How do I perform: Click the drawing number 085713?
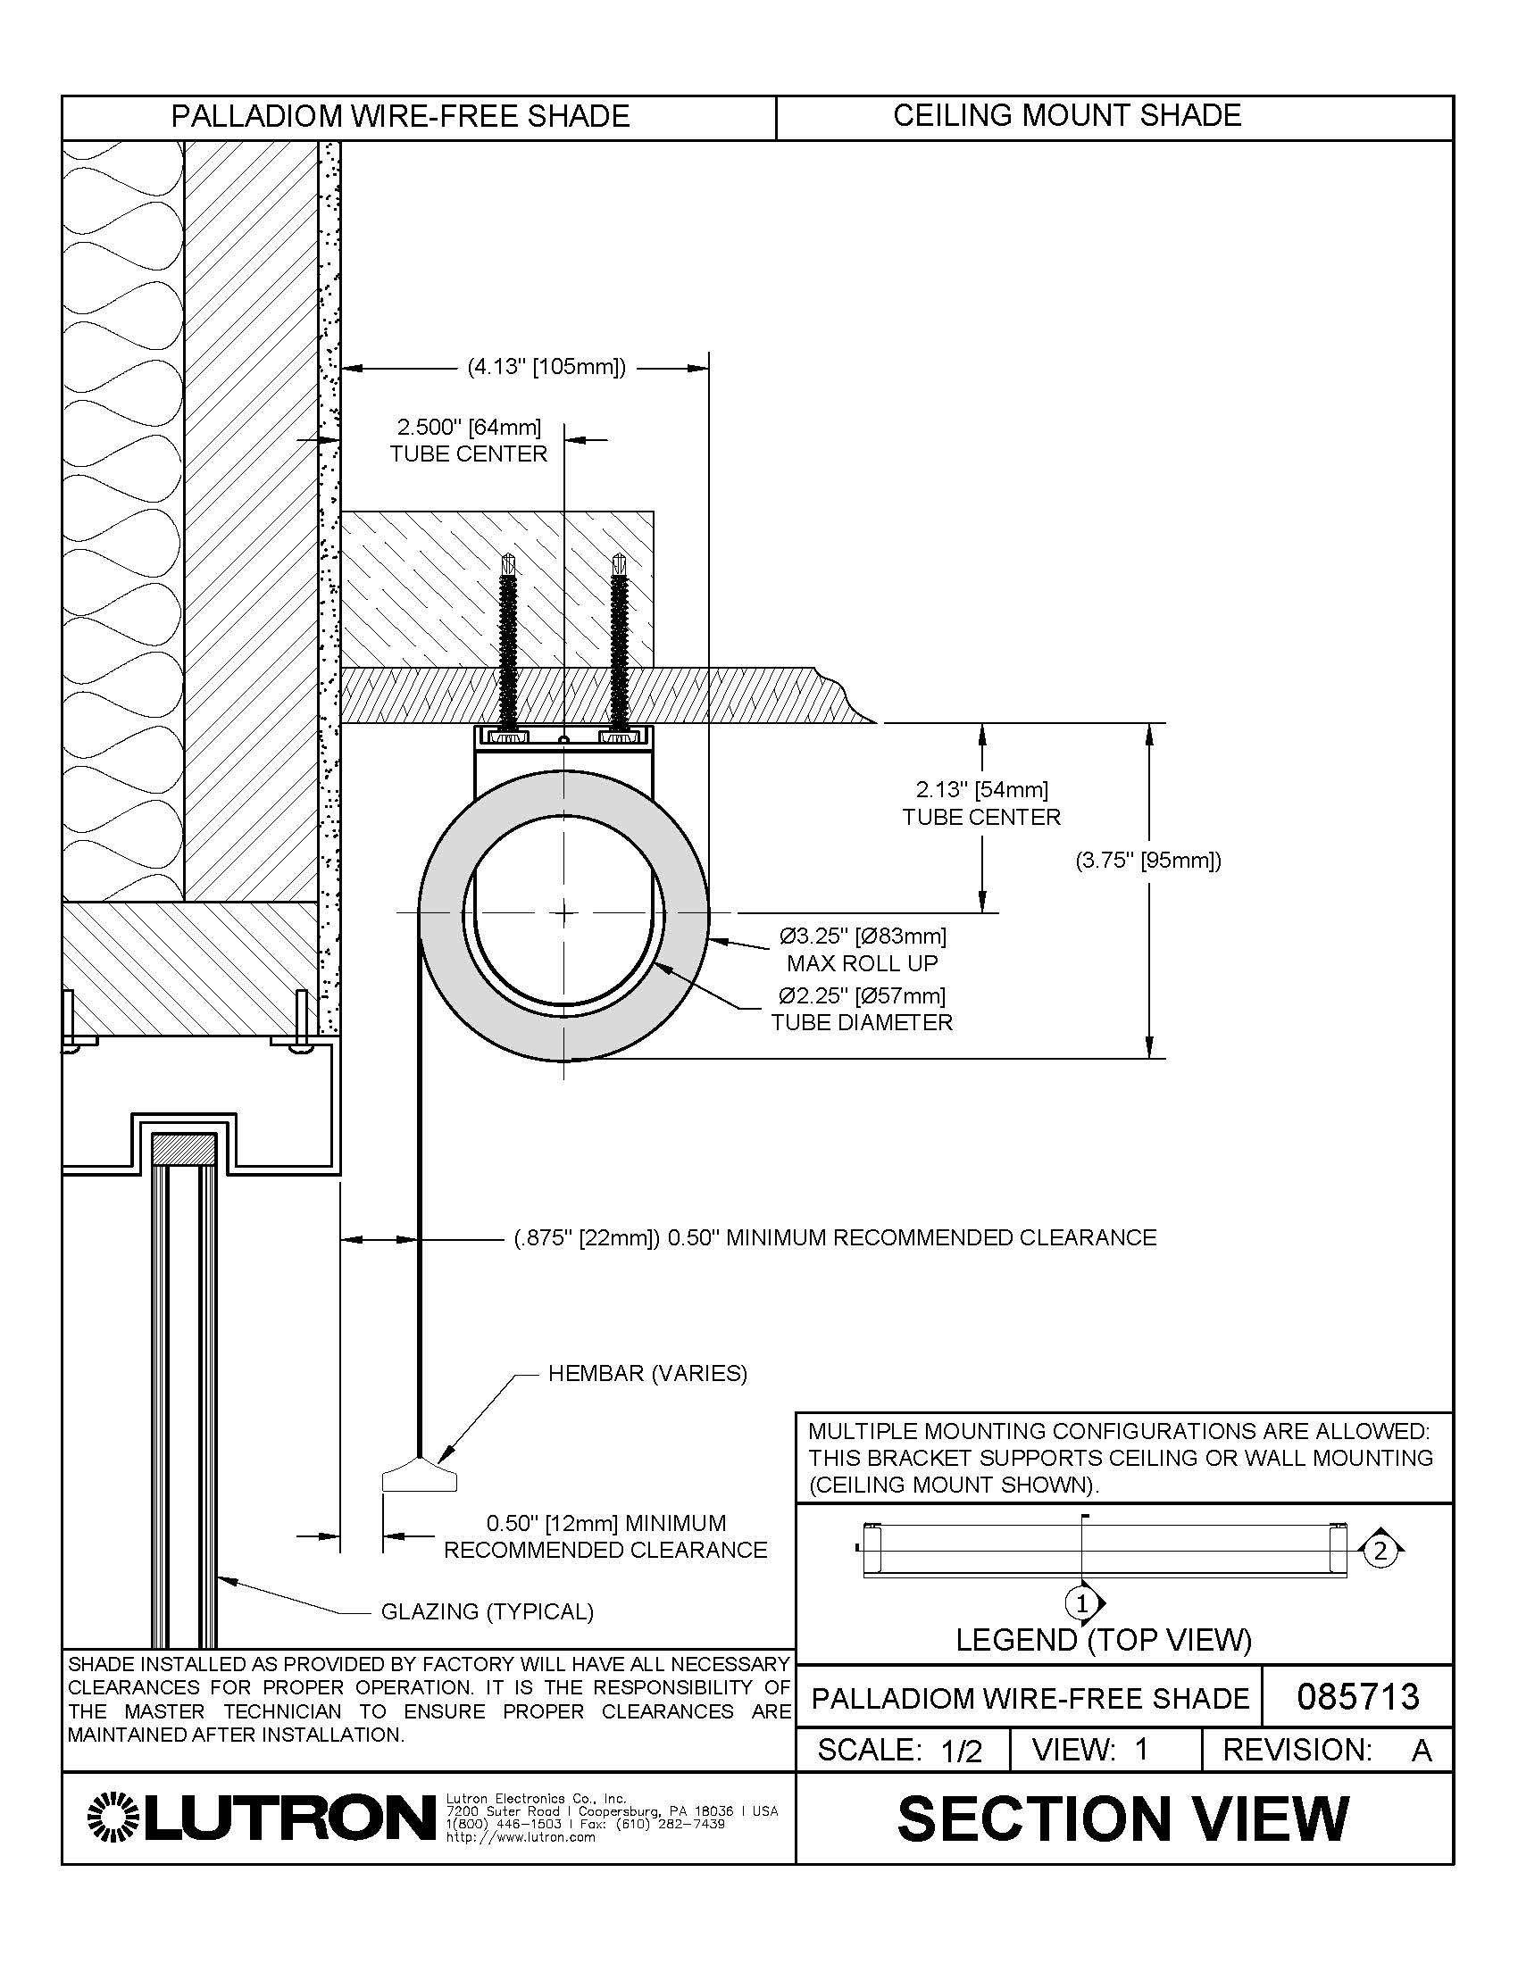(1358, 1696)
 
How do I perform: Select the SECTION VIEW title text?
(1123, 1818)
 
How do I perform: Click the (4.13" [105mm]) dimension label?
(546, 367)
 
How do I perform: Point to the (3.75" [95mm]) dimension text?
(1148, 861)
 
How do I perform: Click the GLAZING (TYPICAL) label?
(488, 1611)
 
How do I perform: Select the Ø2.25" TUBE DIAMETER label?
(861, 1009)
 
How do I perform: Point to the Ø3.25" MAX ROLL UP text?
(863, 950)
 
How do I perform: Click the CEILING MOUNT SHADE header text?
(1066, 116)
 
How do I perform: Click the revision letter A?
(1421, 1751)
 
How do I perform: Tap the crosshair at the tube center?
(563, 911)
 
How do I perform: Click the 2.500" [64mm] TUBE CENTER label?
(469, 440)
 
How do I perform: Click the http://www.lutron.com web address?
(521, 1837)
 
